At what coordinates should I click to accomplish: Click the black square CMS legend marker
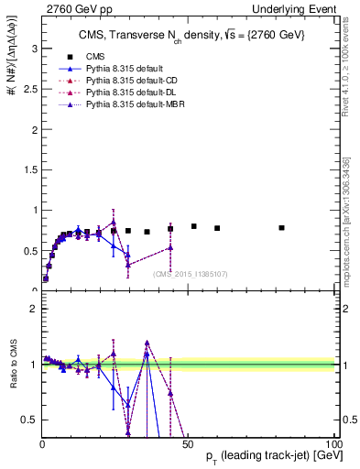coord(70,56)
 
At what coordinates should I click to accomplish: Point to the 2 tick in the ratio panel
coord(34,309)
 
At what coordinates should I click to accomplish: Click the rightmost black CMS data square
coord(281,227)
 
